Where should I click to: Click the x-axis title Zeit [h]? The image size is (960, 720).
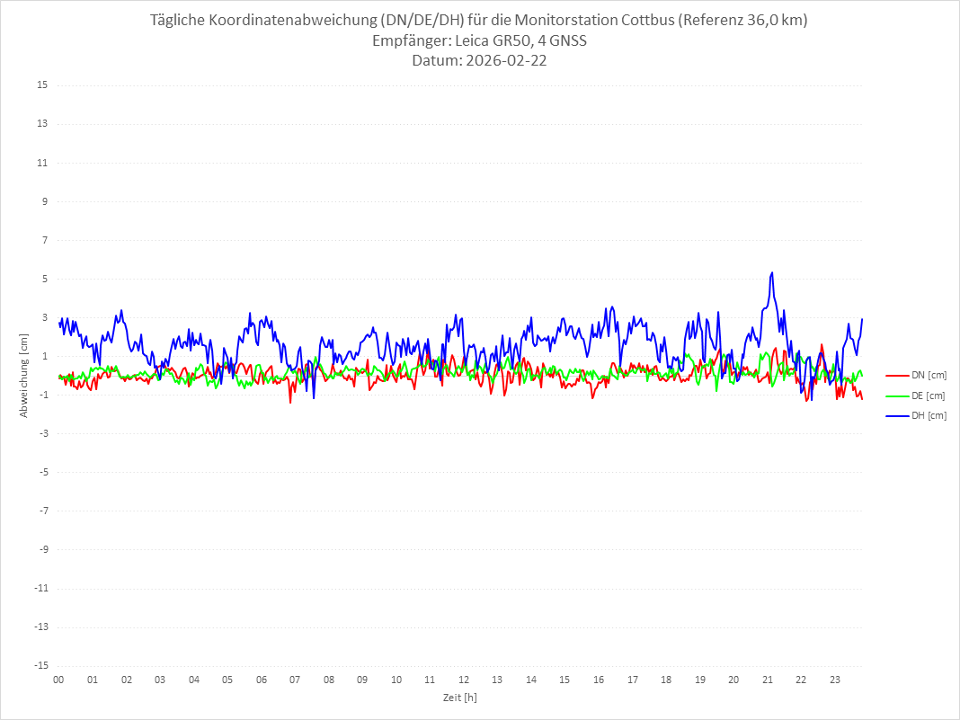click(459, 698)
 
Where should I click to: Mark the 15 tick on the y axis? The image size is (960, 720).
click(42, 85)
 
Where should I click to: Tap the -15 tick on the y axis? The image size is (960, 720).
click(40, 665)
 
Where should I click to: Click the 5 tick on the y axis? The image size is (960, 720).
click(44, 279)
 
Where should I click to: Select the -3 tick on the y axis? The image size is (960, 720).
click(42, 433)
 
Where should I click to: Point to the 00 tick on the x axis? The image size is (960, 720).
click(58, 680)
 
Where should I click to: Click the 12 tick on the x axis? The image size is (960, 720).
click(464, 680)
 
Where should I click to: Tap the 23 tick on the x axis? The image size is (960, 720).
click(835, 680)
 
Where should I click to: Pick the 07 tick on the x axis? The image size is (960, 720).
click(295, 680)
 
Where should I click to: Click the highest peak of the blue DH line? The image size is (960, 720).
click(771, 272)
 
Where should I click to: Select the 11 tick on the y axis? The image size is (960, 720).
click(42, 163)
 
